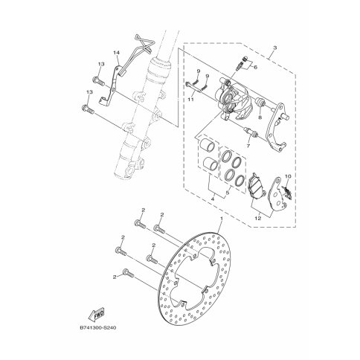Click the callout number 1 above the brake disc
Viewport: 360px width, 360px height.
tap(222, 218)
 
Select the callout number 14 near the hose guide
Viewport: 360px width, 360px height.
tap(117, 53)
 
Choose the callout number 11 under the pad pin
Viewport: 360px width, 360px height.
tap(256, 67)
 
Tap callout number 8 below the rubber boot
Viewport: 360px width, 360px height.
tap(248, 146)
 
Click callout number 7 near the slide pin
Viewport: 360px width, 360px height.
tap(260, 118)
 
